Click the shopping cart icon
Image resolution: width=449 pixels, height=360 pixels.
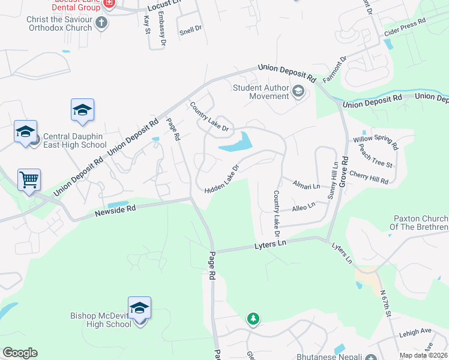click(x=29, y=179)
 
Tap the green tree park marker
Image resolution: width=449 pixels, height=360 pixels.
click(x=253, y=319)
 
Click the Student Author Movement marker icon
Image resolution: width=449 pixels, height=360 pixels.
click(x=298, y=92)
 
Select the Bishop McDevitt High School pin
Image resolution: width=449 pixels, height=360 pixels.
click(x=139, y=308)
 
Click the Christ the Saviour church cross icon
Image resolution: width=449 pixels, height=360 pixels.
click(x=101, y=23)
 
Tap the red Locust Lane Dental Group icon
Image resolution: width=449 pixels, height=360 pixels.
click(x=109, y=4)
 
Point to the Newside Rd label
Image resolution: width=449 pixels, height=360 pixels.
click(x=115, y=209)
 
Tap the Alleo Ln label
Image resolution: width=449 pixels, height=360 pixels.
click(x=303, y=206)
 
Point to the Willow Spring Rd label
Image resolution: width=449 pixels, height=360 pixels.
click(x=376, y=143)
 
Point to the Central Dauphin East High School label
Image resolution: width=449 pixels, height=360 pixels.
click(x=75, y=140)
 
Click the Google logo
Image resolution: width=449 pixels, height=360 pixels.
click(x=20, y=353)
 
